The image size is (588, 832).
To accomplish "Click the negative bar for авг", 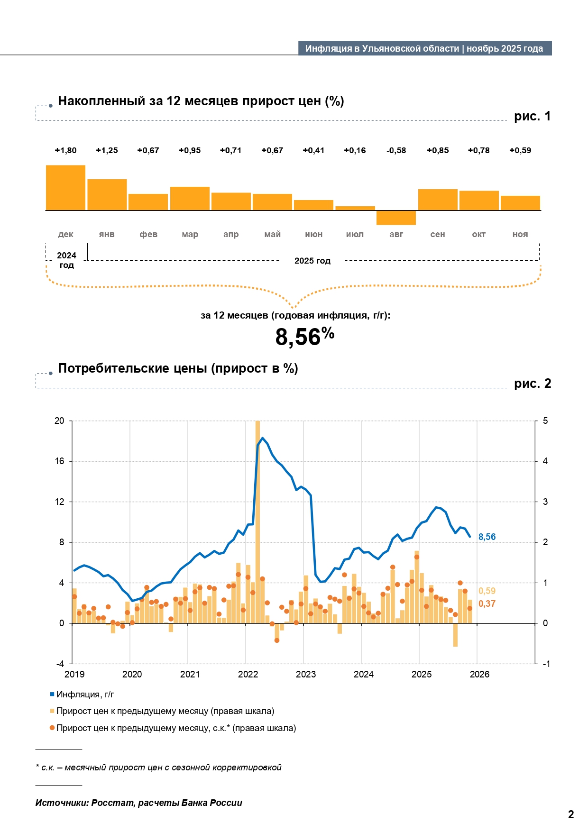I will click(396, 218).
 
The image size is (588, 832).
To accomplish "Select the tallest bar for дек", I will click(65, 188).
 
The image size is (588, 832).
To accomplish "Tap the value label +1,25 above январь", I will click(107, 150).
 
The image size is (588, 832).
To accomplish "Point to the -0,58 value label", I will click(396, 150).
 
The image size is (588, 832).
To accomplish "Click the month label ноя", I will click(520, 234).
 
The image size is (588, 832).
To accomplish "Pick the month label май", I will click(272, 234).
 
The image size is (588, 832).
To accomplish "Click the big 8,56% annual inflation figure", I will click(304, 337).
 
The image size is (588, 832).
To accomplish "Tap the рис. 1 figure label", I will click(532, 116).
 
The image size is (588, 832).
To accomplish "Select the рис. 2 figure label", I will click(532, 384).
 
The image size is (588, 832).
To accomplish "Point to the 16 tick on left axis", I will click(59, 461).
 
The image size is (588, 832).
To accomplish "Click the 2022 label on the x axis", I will click(248, 674).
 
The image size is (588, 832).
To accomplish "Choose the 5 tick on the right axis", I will click(545, 421).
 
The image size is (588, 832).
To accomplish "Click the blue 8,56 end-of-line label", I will click(487, 537).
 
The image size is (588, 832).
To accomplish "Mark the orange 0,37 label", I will click(487, 603).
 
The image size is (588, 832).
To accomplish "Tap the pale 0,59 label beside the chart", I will click(487, 591).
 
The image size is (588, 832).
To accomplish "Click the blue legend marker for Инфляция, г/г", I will click(52, 694).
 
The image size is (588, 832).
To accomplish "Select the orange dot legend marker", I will click(52, 728).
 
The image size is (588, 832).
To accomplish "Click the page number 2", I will click(571, 814).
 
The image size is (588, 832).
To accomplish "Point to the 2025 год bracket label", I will click(312, 261).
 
